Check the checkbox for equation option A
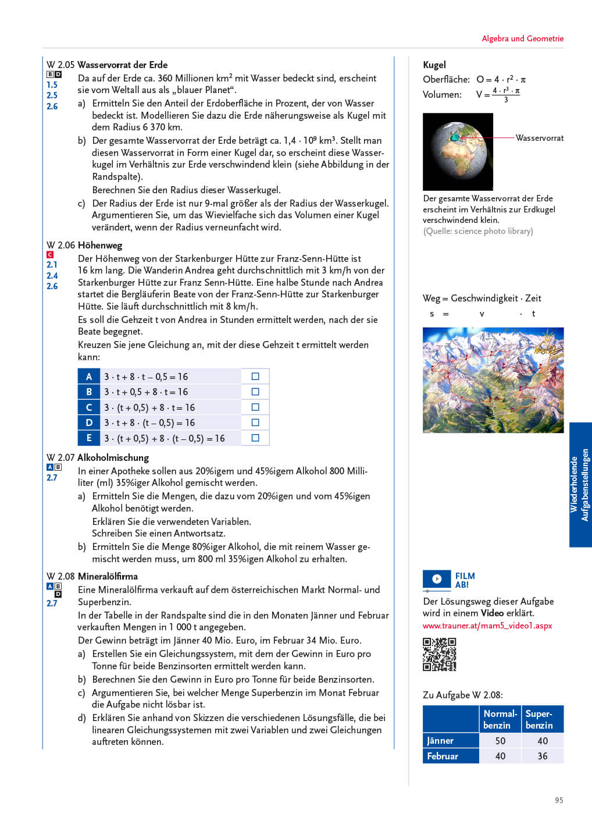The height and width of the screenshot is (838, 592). [x=255, y=377]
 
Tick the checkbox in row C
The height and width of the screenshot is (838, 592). [x=255, y=407]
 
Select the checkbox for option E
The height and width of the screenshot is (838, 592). [x=255, y=438]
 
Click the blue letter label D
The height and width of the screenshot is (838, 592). [x=89, y=422]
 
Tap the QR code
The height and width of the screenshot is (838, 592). [x=439, y=655]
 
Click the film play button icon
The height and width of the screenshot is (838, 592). [x=437, y=578]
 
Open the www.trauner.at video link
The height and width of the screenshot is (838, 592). [x=487, y=626]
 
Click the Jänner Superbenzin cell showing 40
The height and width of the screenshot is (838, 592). [x=543, y=741]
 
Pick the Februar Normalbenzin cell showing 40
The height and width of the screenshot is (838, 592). [x=500, y=756]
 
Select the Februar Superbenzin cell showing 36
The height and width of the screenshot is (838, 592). [x=543, y=756]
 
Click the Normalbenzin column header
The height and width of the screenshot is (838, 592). [x=500, y=719]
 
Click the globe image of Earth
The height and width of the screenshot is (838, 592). [x=458, y=152]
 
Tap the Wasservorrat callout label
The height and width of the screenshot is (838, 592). [x=540, y=138]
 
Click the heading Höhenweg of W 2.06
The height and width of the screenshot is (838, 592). [x=100, y=245]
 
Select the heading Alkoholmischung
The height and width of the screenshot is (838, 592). [x=113, y=457]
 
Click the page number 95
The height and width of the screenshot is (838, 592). [x=559, y=800]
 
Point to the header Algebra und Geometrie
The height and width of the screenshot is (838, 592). [x=522, y=38]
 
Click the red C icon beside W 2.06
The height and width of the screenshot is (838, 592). [x=50, y=254]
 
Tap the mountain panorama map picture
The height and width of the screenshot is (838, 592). [x=493, y=380]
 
